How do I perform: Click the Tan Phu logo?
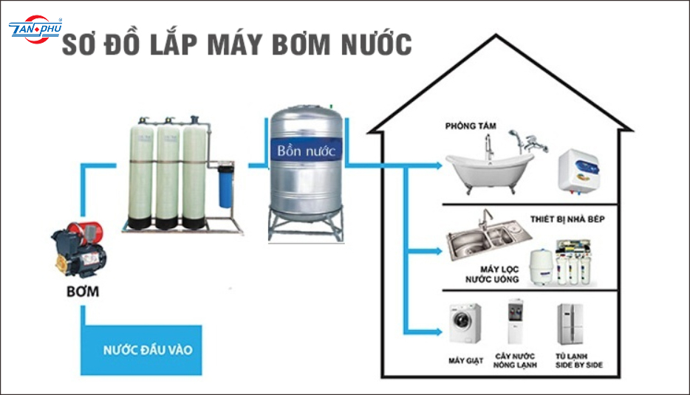point(35,29)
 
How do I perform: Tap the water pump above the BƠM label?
point(80,250)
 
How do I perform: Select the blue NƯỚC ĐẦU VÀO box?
point(141,350)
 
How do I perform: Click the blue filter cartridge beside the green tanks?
point(225,185)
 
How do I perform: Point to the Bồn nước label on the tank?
point(307,151)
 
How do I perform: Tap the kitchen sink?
point(488,238)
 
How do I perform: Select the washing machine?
point(465,324)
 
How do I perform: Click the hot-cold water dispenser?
point(515,322)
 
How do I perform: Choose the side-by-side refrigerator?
point(570,324)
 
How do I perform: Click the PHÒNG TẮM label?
point(471,126)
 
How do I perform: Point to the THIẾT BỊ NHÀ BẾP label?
point(567,219)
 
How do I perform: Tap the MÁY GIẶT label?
point(465,361)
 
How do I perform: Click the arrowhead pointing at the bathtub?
point(439,165)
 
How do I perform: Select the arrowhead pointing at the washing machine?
point(439,332)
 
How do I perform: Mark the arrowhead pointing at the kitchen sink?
point(439,251)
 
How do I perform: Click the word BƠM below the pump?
point(83,292)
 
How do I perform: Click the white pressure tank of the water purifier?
point(541,267)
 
